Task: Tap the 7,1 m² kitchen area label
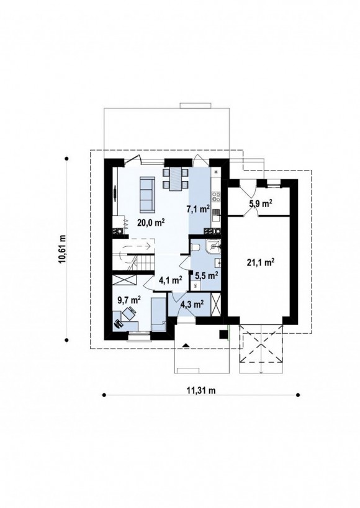pos(198,209)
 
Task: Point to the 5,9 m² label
pos(261,203)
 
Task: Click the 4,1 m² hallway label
pos(170,280)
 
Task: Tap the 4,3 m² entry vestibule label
pos(192,304)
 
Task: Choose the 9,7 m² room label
pos(129,300)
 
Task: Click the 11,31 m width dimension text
pos(201,390)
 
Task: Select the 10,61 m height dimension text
pos(63,249)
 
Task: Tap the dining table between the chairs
pos(176,179)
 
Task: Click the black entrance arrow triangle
pos(186,345)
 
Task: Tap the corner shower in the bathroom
pos(214,246)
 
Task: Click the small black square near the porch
pos(223,334)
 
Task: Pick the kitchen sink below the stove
pos(216,212)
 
